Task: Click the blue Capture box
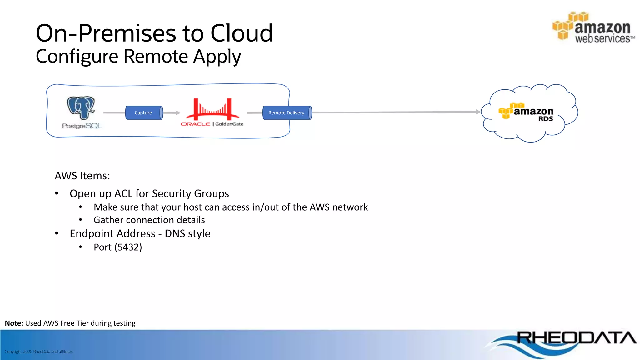(x=144, y=113)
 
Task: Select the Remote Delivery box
(x=287, y=113)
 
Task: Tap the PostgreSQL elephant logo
(x=81, y=107)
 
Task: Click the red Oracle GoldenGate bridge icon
(x=212, y=109)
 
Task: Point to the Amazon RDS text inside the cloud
(x=533, y=114)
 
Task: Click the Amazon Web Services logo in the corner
(x=593, y=28)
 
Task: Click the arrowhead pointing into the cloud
(x=478, y=112)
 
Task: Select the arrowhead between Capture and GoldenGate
(x=178, y=113)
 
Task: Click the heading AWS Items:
(x=82, y=176)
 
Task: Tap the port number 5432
(x=128, y=247)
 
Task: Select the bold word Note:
(x=14, y=323)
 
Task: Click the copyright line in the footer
(x=39, y=352)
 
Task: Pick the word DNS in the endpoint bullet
(x=175, y=234)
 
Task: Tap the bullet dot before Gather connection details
(x=81, y=220)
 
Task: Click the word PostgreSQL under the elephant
(x=82, y=126)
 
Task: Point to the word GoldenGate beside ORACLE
(x=229, y=124)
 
